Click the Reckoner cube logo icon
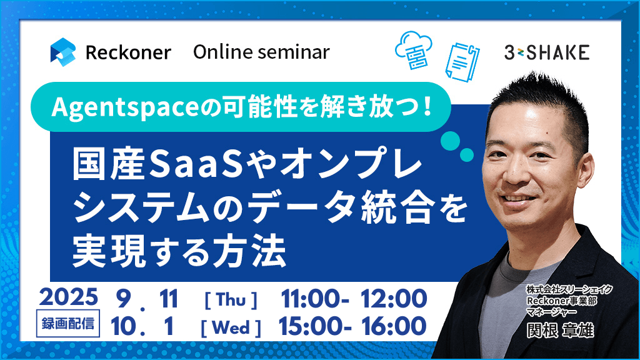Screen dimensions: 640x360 click(x=63, y=52)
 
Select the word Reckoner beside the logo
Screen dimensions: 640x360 click(x=128, y=52)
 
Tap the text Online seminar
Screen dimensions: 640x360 click(x=261, y=52)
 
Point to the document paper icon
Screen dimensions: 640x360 click(x=462, y=62)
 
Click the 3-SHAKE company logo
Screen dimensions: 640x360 click(x=546, y=52)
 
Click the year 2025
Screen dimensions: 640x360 click(x=69, y=297)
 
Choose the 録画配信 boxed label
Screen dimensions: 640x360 click(x=68, y=324)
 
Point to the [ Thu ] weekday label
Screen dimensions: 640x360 click(x=231, y=300)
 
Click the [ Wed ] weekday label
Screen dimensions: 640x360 click(x=231, y=327)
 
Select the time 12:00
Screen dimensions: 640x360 click(x=394, y=299)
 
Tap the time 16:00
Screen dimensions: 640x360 click(x=394, y=326)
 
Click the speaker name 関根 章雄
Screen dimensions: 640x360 click(x=560, y=330)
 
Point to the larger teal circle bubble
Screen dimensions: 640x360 click(x=450, y=141)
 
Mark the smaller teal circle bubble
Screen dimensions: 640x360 click(x=467, y=155)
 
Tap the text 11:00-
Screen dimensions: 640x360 click(x=315, y=299)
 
